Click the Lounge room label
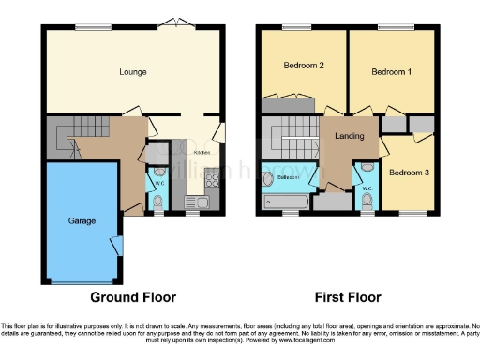pyautogui.click(x=131, y=71)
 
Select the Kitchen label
pyautogui.click(x=201, y=152)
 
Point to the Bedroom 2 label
pyautogui.click(x=303, y=66)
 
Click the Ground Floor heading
pyautogui.click(x=133, y=297)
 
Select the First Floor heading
pyautogui.click(x=348, y=297)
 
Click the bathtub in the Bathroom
pyautogui.click(x=285, y=201)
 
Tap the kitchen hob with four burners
pyautogui.click(x=212, y=179)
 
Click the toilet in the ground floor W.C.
pyautogui.click(x=157, y=202)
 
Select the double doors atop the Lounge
pyautogui.click(x=170, y=22)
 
